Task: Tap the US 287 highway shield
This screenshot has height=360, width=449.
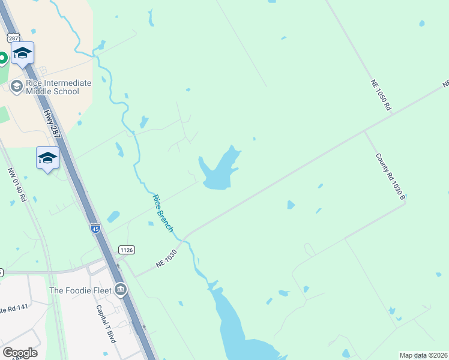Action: pos(13,37)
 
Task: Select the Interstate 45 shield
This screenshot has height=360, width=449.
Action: pos(95,228)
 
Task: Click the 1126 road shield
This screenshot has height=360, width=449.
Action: pos(126,250)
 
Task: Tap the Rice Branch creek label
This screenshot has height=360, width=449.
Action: pos(163,213)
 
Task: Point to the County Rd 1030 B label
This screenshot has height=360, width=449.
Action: pos(391,176)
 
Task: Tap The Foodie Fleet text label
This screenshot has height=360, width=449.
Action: pos(81,290)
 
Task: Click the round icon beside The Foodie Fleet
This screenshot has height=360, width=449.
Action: pos(121,290)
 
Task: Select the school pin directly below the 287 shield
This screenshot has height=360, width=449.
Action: pos(22,53)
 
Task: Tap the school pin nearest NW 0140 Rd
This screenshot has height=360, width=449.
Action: pos(47,158)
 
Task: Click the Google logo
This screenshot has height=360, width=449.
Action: pos(19,353)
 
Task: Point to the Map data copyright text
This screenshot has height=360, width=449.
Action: pos(424,355)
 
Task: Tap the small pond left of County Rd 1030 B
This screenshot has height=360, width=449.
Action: pos(291,205)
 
